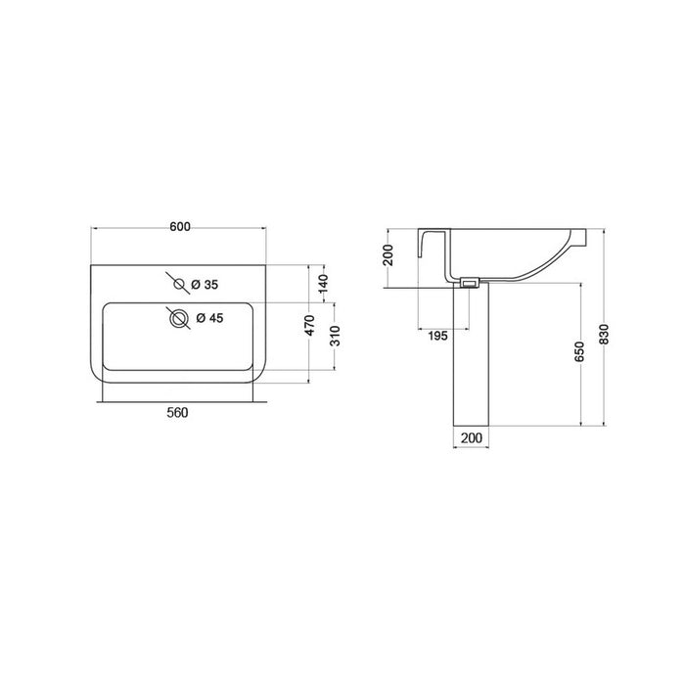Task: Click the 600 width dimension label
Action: tap(180, 227)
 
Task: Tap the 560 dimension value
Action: tap(177, 412)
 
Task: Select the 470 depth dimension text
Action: tap(309, 326)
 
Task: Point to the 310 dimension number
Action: tap(335, 336)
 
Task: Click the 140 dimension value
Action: tap(323, 284)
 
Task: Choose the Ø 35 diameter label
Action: tap(205, 285)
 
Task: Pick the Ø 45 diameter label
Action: tap(209, 318)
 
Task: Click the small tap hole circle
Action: tap(179, 284)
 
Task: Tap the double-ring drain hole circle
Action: tap(179, 318)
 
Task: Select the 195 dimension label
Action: tap(437, 336)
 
